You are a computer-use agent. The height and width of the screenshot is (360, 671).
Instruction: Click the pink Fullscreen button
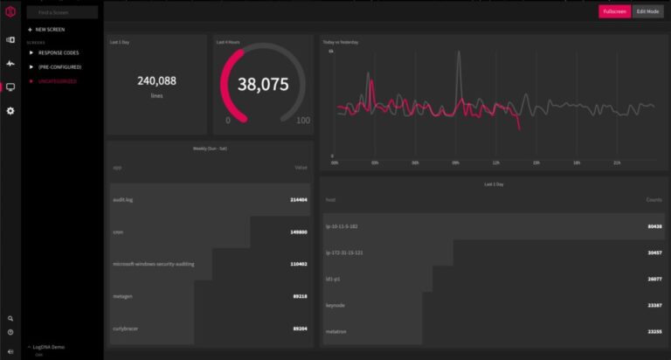click(x=614, y=11)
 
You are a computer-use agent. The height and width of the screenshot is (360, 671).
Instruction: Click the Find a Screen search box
click(x=61, y=13)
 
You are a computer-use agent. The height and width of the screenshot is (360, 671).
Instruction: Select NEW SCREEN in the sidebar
click(x=50, y=30)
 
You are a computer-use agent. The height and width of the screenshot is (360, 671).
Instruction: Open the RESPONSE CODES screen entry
click(x=58, y=52)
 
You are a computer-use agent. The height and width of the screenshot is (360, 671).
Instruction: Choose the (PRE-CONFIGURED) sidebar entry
click(x=59, y=66)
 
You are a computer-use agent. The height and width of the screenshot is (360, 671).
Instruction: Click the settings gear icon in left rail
click(x=10, y=111)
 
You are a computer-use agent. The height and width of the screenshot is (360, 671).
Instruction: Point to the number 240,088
click(x=156, y=80)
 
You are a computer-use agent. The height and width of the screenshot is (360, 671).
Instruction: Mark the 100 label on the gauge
click(x=302, y=121)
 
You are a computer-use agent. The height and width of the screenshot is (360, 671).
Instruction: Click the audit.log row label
click(x=122, y=199)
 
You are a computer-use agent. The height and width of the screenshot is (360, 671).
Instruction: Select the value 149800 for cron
click(x=298, y=232)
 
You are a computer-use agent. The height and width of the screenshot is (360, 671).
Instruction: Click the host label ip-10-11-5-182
click(x=342, y=226)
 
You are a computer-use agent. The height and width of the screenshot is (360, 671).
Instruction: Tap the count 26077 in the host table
click(x=654, y=280)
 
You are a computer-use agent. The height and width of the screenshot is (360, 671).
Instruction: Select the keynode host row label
click(x=335, y=306)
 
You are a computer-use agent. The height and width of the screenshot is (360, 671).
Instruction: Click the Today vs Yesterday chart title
click(x=341, y=42)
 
